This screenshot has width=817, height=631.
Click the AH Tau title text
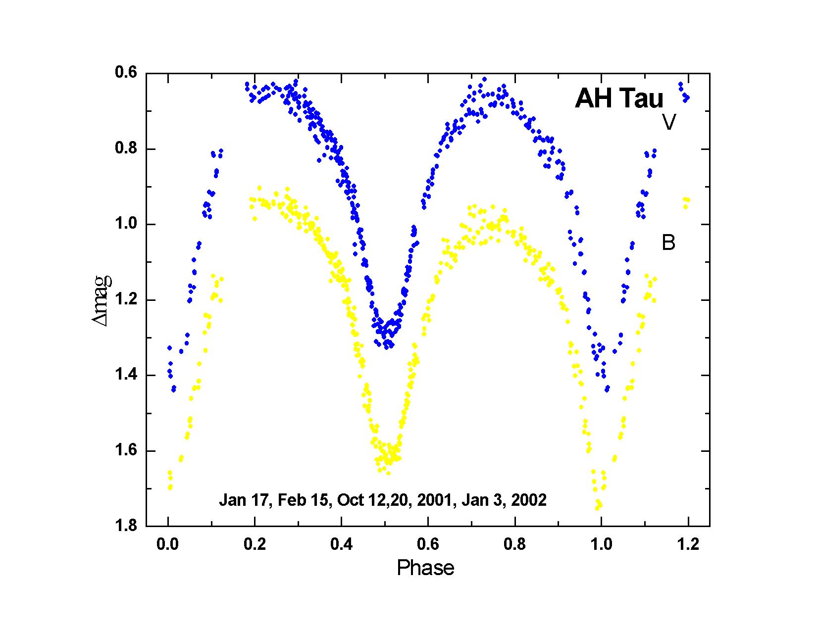coord(618,98)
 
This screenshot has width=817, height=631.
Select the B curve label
coord(668,243)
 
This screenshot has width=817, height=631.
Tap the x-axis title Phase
coord(425,568)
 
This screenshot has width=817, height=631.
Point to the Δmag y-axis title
coord(102,300)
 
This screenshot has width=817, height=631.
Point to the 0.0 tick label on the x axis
coord(168,544)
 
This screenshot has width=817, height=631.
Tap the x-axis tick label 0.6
coord(428,544)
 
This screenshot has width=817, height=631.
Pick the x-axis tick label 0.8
coord(514,544)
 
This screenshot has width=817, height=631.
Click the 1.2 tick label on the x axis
coord(688,544)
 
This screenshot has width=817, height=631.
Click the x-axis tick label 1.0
coord(601,544)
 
